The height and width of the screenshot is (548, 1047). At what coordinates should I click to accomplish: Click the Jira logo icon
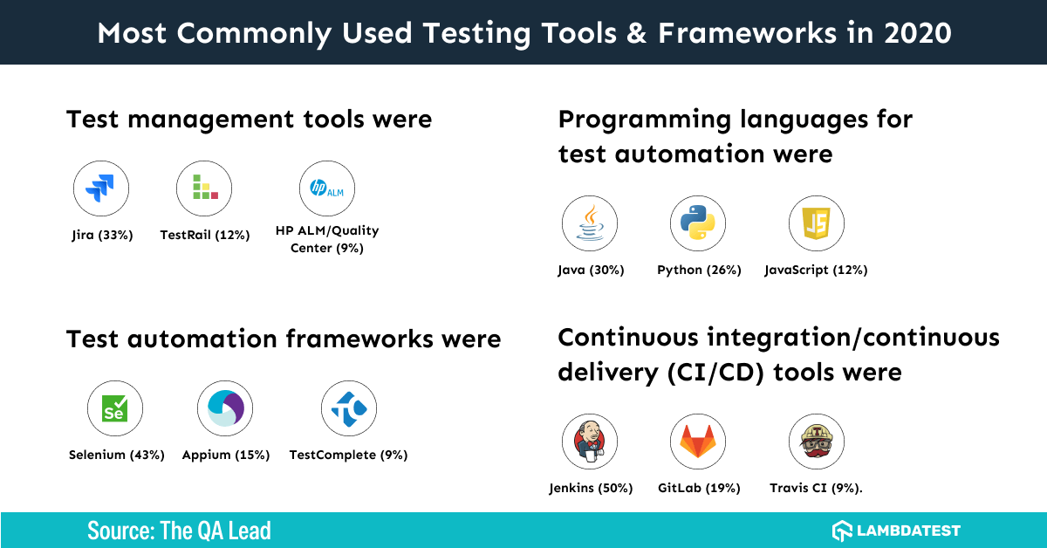(x=101, y=188)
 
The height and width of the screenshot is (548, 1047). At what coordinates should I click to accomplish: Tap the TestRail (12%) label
(x=205, y=235)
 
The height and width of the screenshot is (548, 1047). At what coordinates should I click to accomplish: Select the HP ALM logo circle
(x=327, y=188)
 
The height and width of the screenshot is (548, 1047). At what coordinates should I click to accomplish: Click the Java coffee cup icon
(x=590, y=223)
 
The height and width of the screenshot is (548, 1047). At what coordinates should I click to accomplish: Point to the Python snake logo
(x=698, y=223)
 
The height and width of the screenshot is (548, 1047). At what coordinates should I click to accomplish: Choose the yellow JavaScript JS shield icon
(x=816, y=223)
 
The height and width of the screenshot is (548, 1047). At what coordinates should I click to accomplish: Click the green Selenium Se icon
(x=115, y=408)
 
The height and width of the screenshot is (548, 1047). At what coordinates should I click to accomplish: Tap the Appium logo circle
(x=225, y=408)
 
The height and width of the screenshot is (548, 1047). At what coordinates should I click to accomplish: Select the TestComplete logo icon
(x=348, y=408)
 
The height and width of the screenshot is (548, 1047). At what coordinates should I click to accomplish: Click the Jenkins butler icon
(x=590, y=442)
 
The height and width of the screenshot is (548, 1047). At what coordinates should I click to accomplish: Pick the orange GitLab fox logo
(x=698, y=442)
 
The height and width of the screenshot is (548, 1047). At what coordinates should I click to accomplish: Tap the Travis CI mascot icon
(x=816, y=442)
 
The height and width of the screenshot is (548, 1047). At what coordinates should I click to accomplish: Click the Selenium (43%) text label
(x=117, y=455)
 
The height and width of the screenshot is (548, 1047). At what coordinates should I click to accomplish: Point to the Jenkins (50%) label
(x=591, y=489)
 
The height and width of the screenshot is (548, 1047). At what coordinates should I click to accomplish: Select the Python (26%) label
(x=699, y=271)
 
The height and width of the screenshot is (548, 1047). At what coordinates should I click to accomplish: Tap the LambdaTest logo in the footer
(x=896, y=531)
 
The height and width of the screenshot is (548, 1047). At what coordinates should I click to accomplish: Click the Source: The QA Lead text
(x=179, y=531)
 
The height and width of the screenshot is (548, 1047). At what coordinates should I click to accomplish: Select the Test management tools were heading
(x=249, y=120)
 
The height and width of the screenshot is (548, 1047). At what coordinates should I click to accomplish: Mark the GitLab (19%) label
(x=699, y=489)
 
